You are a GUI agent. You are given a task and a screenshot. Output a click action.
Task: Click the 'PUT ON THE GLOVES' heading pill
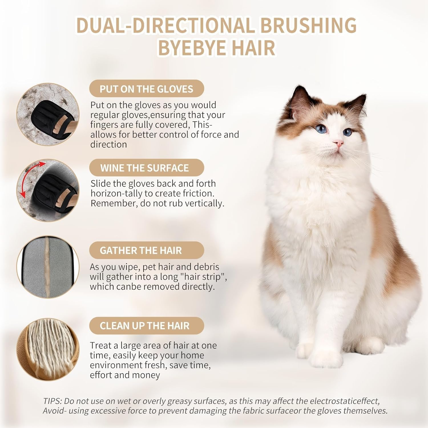click(x=147, y=89)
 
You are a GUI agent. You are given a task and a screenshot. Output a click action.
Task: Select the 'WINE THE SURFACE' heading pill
click(x=147, y=168)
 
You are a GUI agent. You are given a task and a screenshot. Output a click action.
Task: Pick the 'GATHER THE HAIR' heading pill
click(x=147, y=250)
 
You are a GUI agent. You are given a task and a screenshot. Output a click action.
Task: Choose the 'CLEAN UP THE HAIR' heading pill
click(x=147, y=326)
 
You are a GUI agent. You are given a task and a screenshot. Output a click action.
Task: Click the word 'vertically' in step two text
click(x=204, y=203)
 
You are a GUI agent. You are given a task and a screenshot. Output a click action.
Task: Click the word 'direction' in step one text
click(x=108, y=144)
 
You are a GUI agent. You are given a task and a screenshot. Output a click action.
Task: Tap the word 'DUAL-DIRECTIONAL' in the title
click(x=165, y=25)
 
